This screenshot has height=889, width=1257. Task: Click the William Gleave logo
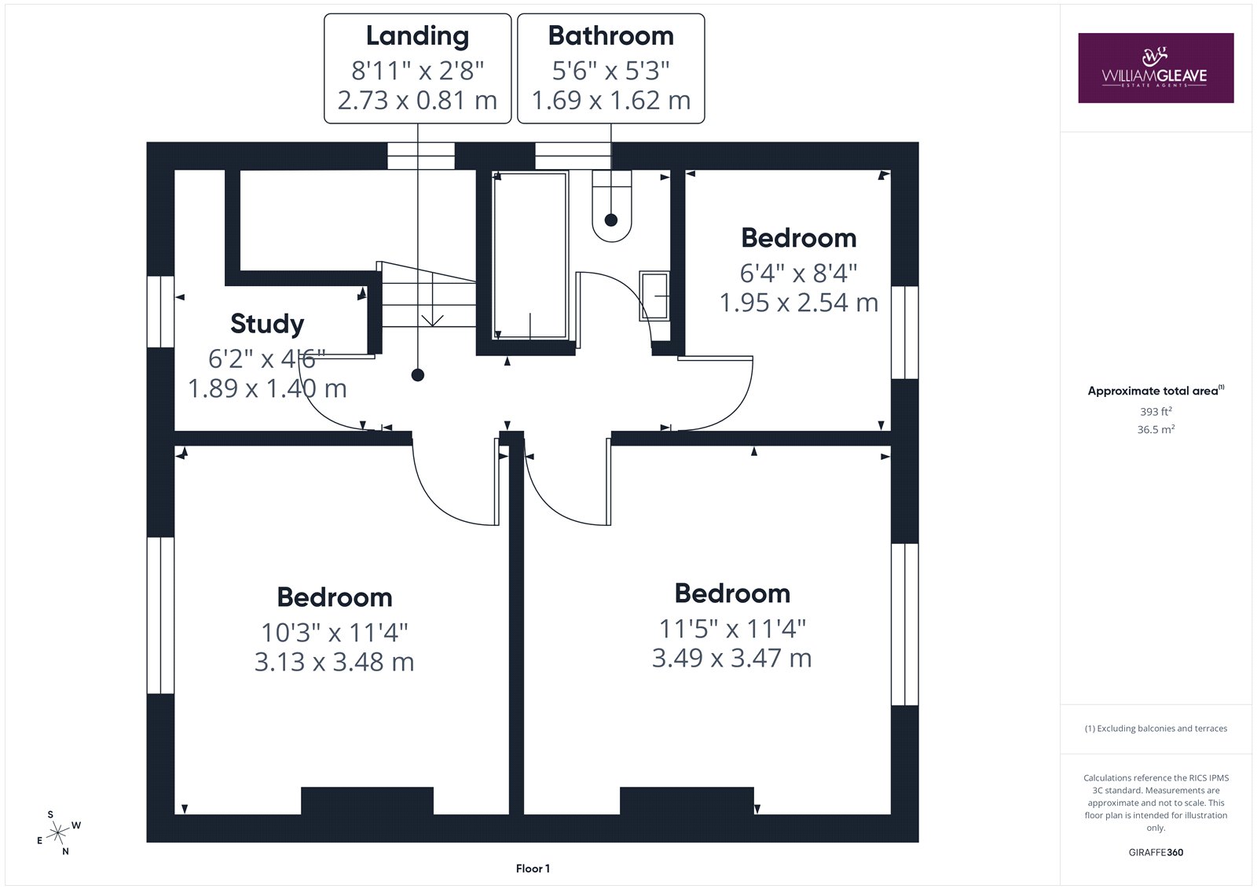[x=1156, y=68]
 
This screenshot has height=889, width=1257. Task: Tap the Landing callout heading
[x=417, y=36]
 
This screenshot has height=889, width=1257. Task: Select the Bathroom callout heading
[x=610, y=36]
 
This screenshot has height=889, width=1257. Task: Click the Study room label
[x=267, y=324]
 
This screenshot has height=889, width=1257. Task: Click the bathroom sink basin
[x=654, y=296]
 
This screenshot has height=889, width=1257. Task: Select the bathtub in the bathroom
[x=530, y=256]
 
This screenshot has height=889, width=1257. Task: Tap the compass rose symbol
[x=58, y=833]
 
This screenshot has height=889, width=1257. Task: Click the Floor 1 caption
[x=533, y=869]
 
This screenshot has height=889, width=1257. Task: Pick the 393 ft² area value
[x=1156, y=412]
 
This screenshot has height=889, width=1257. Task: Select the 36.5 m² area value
[x=1156, y=430]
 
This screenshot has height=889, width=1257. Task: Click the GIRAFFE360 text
[x=1156, y=853]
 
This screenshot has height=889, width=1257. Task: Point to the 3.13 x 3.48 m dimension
[x=334, y=662]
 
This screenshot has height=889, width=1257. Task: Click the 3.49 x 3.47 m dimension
[x=731, y=658]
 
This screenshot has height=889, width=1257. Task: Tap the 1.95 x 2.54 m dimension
[x=798, y=303]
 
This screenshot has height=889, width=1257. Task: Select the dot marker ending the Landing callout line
[x=417, y=375]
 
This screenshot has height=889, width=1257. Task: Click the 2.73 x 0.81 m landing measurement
[x=417, y=101]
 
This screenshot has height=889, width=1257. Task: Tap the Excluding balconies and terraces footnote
[x=1156, y=729]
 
